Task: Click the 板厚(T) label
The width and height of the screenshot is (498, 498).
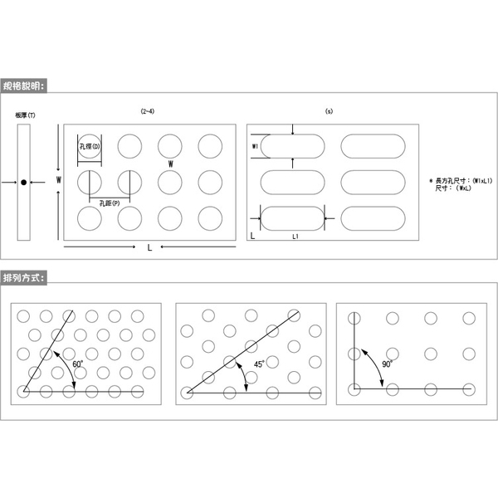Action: pos(25,115)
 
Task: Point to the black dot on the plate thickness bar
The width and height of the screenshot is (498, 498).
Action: pos(24,182)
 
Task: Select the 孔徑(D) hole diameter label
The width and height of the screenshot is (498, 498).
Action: pos(89,147)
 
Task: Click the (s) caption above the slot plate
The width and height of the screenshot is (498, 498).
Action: pos(328,110)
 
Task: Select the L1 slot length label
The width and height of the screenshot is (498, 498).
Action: pos(295,237)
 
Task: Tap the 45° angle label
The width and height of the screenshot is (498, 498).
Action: pos(258,364)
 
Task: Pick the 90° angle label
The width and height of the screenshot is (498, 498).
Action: pos(386,363)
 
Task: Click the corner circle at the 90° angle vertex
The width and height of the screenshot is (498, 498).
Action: pos(354,388)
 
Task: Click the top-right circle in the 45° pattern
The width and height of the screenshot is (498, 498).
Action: pos(293,315)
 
